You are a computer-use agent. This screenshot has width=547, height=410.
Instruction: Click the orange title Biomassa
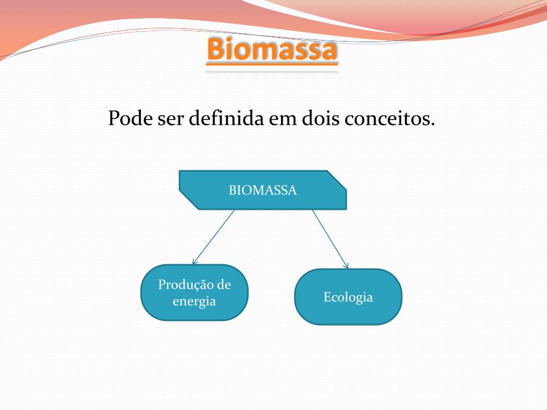tap(272, 49)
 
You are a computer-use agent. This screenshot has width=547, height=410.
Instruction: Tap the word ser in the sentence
tap(170, 118)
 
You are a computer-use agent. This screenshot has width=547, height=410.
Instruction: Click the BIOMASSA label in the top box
tap(263, 190)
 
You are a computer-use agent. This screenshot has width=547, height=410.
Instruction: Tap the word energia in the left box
tap(194, 301)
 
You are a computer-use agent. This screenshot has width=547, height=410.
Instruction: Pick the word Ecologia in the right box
tap(348, 297)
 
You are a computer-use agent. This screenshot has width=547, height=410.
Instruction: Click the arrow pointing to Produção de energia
tap(214, 236)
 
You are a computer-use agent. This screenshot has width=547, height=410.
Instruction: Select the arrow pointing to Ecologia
tap(330, 238)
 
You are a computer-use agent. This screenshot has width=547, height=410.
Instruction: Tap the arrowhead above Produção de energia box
tap(194, 262)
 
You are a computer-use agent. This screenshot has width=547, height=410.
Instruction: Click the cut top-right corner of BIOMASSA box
tap(337, 179)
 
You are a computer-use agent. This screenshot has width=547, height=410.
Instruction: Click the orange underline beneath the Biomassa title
tap(272, 65)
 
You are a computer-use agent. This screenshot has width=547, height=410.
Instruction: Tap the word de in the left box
tap(224, 285)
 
